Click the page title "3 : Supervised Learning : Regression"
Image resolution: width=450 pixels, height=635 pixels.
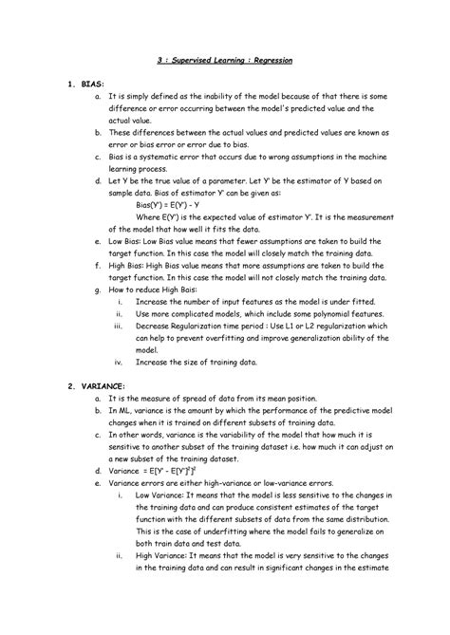pos(224,60)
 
